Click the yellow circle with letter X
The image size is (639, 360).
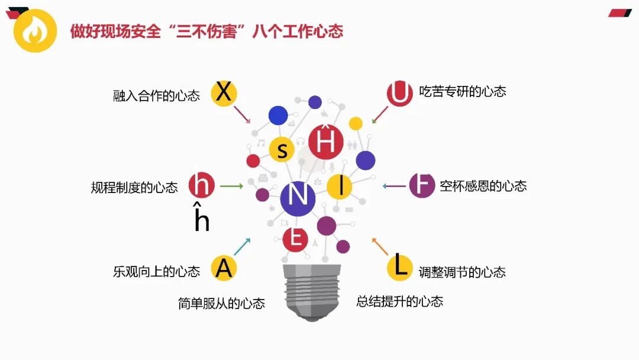(x=224, y=94)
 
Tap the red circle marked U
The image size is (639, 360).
(x=400, y=94)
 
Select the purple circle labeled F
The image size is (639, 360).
(x=422, y=185)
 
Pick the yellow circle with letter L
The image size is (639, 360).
(x=401, y=267)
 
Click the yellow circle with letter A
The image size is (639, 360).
(x=224, y=268)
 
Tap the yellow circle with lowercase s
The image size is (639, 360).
(x=282, y=149)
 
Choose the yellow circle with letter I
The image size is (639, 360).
(x=339, y=187)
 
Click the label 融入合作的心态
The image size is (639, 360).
(x=156, y=95)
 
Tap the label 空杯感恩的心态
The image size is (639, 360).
(x=483, y=186)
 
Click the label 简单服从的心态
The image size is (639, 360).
(x=221, y=303)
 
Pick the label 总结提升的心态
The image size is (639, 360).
(x=399, y=301)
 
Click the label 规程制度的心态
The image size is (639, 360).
(x=134, y=188)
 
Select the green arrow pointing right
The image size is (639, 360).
(x=231, y=186)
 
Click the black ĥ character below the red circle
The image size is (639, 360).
(x=202, y=218)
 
